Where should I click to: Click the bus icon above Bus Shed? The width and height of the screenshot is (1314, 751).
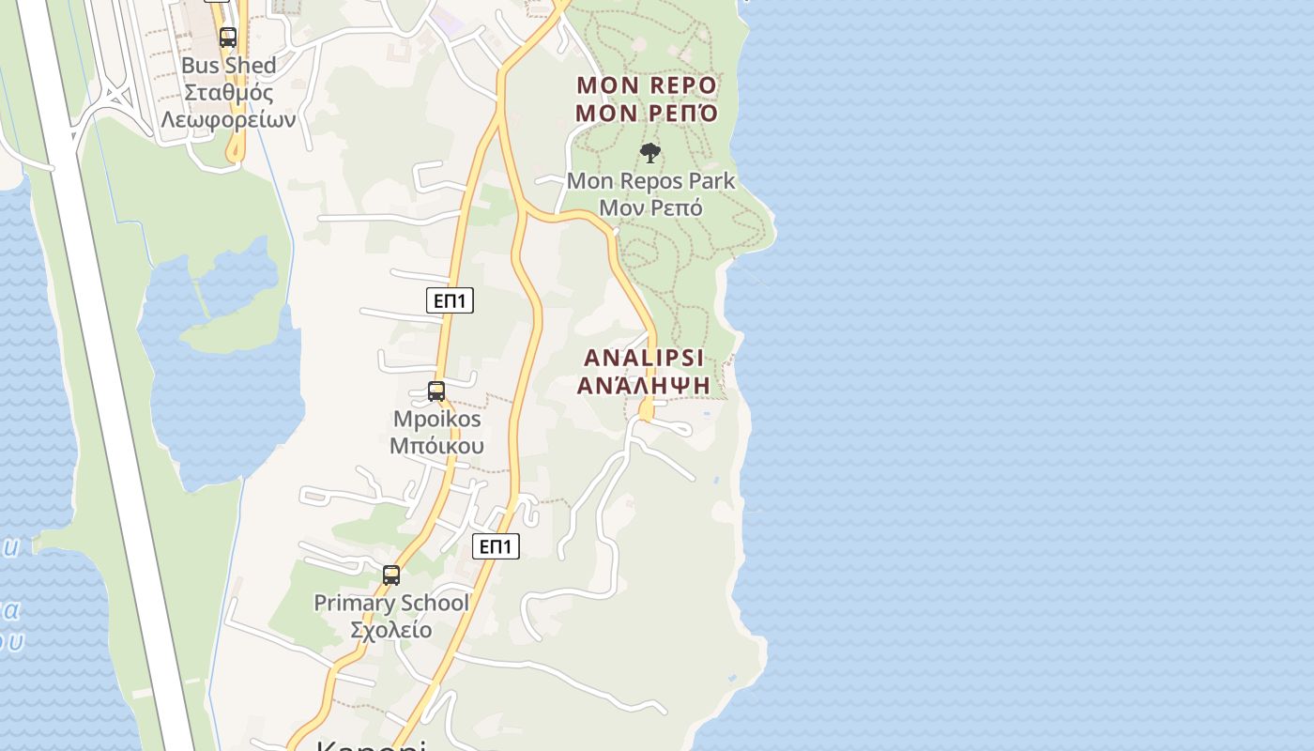coord(228,38)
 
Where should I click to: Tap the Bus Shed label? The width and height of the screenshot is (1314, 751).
coord(228,66)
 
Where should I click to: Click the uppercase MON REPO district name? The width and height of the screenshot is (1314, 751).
coord(647,85)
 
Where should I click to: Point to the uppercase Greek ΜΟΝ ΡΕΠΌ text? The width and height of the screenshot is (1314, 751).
coord(647,115)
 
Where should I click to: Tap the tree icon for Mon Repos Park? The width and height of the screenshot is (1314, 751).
coord(650,153)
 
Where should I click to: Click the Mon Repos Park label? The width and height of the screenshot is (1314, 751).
coord(650,180)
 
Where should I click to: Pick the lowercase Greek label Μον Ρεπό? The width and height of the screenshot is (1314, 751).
coord(650,207)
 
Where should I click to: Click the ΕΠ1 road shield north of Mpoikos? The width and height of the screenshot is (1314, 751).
coord(450,300)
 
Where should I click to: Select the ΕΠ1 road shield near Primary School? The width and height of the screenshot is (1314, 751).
coord(496,546)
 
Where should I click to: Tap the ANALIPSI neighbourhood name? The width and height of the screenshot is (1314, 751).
coord(644,358)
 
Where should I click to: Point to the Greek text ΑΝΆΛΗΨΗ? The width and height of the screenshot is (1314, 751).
coord(644,385)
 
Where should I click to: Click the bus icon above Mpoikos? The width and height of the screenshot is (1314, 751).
coord(436,391)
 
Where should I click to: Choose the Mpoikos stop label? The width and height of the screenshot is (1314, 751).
coord(436,419)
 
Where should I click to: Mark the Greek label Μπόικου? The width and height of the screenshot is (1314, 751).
coord(436,445)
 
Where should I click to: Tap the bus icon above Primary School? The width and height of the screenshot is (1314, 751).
coord(391,575)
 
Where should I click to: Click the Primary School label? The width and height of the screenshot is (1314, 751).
coord(390,603)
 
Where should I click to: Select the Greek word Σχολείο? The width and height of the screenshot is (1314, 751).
coord(390,629)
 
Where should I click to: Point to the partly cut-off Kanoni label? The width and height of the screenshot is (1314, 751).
coord(370,745)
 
